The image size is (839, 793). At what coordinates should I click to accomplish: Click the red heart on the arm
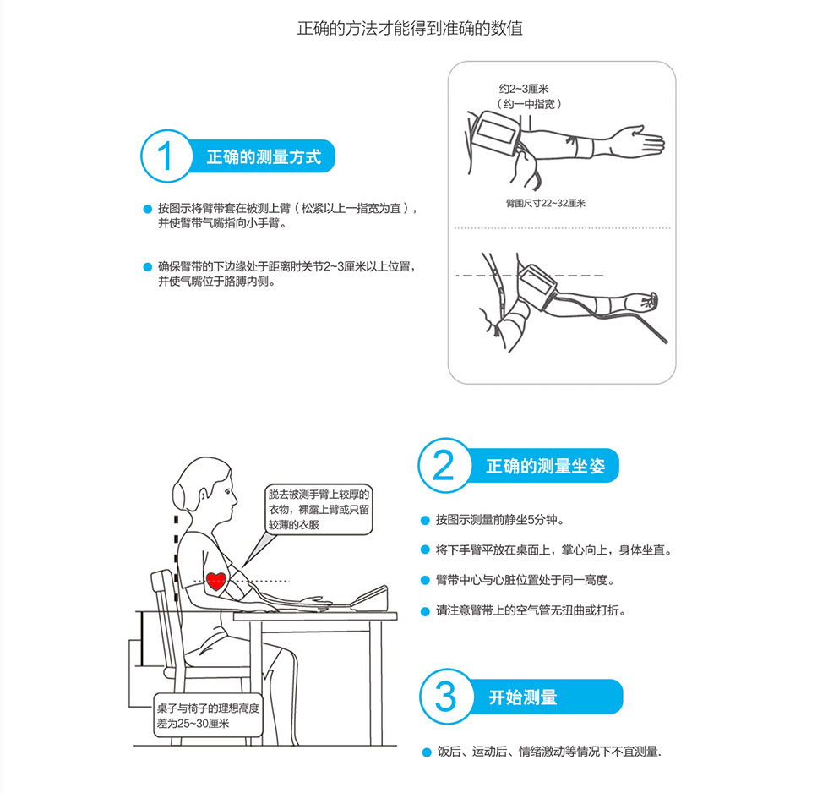click(x=216, y=581)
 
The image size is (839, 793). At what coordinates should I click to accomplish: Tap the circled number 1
click(x=166, y=156)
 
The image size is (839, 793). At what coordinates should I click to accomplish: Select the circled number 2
click(x=444, y=465)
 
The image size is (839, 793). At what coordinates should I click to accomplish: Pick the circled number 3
click(x=446, y=696)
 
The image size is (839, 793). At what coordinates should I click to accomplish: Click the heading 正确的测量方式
click(x=264, y=157)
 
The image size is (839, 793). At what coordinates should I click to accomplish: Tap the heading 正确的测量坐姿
click(x=545, y=466)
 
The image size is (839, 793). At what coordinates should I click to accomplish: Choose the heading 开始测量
click(x=523, y=697)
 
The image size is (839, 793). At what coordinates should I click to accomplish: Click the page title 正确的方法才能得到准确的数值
click(x=410, y=28)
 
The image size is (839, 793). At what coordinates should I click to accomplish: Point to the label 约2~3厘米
click(x=524, y=89)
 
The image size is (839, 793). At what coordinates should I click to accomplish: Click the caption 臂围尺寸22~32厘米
click(x=546, y=203)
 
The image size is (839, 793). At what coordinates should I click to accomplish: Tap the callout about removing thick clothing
click(x=319, y=509)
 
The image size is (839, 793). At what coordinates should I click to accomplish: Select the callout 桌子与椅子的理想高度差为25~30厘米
click(x=208, y=716)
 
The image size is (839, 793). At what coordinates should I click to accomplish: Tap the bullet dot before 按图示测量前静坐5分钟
click(x=425, y=520)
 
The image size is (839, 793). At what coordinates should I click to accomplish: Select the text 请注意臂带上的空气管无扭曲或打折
click(x=531, y=610)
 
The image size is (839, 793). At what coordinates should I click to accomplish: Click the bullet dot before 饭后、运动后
click(x=427, y=752)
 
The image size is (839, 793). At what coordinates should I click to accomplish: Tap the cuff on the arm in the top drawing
click(x=495, y=132)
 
